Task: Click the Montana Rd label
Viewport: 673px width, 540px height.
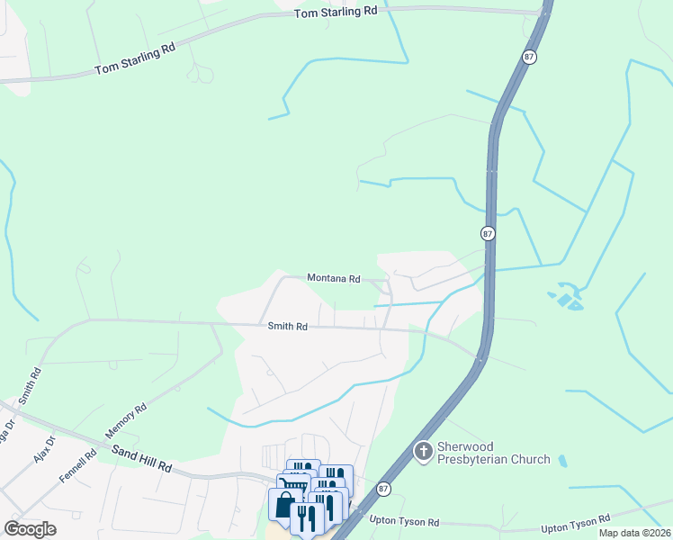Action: click(333, 279)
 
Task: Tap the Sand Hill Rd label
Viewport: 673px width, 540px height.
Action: click(141, 455)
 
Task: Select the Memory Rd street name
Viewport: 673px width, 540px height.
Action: click(126, 420)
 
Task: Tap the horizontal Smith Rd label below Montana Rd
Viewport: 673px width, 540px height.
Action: click(288, 327)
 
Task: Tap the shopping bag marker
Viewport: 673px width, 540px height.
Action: click(285, 505)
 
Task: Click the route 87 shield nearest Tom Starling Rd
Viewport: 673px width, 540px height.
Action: click(528, 56)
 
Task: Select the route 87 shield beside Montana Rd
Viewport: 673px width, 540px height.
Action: click(488, 233)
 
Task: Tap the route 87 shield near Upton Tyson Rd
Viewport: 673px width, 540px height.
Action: click(384, 489)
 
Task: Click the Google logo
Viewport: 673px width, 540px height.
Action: click(31, 529)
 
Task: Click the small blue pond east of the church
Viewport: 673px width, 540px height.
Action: click(562, 461)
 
